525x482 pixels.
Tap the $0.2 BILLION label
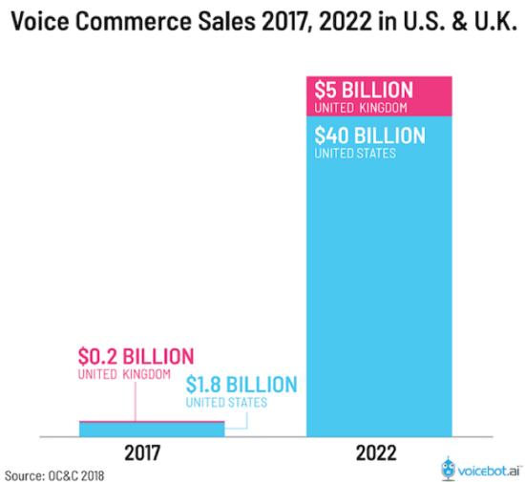coord(136,356)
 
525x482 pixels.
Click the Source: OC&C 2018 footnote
coord(55,472)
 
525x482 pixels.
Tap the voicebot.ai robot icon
coord(449,467)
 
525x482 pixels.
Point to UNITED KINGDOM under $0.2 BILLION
coord(123,374)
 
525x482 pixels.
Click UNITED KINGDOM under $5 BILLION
coord(359,107)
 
